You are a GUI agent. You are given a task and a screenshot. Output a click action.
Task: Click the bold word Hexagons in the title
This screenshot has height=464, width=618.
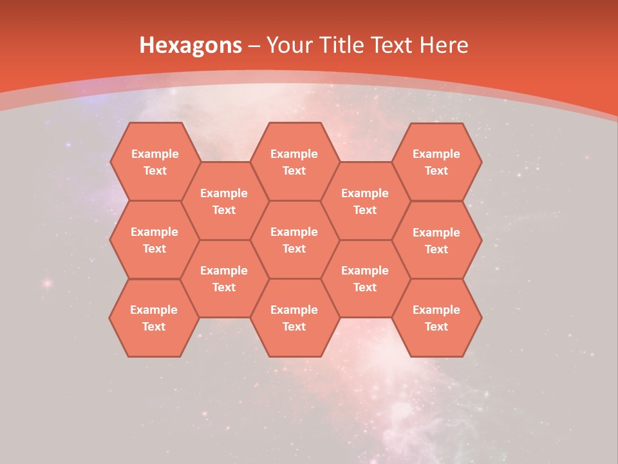tap(191, 45)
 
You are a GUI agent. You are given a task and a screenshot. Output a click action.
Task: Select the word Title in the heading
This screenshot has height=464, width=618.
tap(344, 45)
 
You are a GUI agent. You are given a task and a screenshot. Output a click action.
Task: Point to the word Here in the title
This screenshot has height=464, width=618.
tap(444, 45)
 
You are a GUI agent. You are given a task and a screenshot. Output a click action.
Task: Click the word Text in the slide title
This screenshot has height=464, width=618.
tap(395, 45)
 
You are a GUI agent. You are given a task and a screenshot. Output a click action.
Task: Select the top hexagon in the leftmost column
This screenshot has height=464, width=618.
tap(154, 162)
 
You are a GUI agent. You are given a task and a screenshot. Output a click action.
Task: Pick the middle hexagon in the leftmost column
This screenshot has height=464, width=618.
tap(154, 240)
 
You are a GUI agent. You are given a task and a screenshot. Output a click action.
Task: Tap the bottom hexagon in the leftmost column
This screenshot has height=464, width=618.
tap(154, 318)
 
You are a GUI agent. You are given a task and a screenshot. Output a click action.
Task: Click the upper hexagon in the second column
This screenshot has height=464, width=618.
tap(224, 201)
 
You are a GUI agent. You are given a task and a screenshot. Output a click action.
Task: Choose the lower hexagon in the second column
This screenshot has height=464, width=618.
tap(224, 278)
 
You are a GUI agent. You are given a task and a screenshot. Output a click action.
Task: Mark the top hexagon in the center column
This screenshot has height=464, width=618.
tap(294, 162)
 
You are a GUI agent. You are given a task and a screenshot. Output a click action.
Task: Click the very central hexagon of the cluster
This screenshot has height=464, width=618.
tap(294, 240)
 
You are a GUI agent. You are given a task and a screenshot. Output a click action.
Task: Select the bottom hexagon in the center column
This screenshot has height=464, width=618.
tap(294, 318)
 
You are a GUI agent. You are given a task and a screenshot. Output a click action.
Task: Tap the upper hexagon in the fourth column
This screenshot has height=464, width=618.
tap(365, 201)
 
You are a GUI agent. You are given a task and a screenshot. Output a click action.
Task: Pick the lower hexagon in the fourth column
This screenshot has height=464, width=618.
tap(365, 278)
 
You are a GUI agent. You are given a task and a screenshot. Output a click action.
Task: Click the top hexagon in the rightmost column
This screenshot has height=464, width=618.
tap(436, 162)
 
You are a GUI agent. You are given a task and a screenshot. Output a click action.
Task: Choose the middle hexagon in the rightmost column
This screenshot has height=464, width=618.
tap(436, 240)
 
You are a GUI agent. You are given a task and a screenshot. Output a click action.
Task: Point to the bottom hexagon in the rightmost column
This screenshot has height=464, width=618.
tap(436, 318)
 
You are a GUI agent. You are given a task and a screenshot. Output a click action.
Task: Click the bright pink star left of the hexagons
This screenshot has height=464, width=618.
tap(46, 283)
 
